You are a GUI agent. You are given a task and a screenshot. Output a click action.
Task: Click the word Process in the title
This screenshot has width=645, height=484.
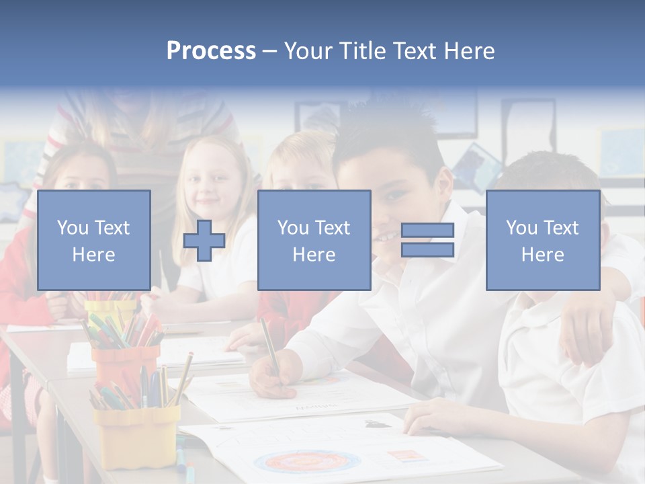[x=211, y=51]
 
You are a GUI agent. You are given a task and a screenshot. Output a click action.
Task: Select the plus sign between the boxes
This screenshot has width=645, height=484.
[x=204, y=240]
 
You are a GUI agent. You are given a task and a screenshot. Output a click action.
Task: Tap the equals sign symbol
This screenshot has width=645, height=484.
[x=427, y=240]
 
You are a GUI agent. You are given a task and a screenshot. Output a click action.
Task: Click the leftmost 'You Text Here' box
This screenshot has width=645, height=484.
[x=93, y=240]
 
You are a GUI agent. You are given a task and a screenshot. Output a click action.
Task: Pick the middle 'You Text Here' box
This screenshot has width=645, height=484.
[x=314, y=240]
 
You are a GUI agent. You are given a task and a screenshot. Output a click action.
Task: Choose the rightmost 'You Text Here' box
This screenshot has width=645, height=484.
[x=542, y=240]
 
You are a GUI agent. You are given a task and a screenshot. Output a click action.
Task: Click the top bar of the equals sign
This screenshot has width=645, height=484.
[x=427, y=231]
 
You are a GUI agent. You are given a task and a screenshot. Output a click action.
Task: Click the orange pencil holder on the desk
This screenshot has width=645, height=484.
[x=124, y=366]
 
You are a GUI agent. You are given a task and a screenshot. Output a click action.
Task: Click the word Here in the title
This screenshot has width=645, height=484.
[x=469, y=51]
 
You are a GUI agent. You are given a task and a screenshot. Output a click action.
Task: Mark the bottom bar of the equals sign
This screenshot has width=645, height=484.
[x=427, y=250]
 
